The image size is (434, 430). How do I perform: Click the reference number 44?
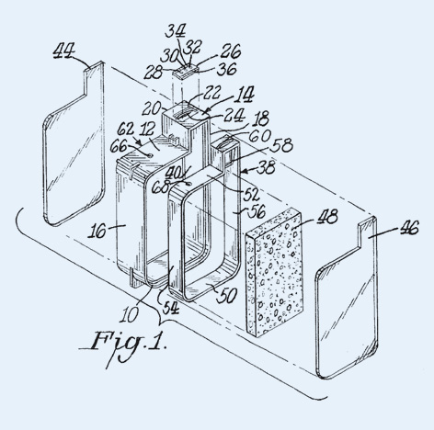tap(63, 51)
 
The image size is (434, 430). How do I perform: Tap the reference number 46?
tap(409, 228)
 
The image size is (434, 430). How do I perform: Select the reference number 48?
tap(327, 217)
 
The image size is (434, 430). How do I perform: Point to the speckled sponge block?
tap(274, 272)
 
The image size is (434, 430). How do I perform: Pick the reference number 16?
tap(97, 232)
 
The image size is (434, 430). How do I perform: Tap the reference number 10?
tap(129, 315)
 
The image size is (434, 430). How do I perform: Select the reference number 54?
tap(170, 308)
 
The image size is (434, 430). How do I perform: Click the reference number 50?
tap(227, 296)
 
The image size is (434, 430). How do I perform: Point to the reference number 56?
tap(257, 210)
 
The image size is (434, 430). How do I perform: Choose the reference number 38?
tap(266, 168)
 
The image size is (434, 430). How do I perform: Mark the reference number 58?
tap(282, 146)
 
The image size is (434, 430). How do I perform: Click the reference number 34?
tap(176, 31)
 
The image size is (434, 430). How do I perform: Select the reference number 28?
tap(153, 73)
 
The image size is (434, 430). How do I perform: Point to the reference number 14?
tap(244, 95)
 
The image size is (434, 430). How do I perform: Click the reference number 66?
tap(119, 146)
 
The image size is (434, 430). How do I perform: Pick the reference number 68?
tap(161, 187)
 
